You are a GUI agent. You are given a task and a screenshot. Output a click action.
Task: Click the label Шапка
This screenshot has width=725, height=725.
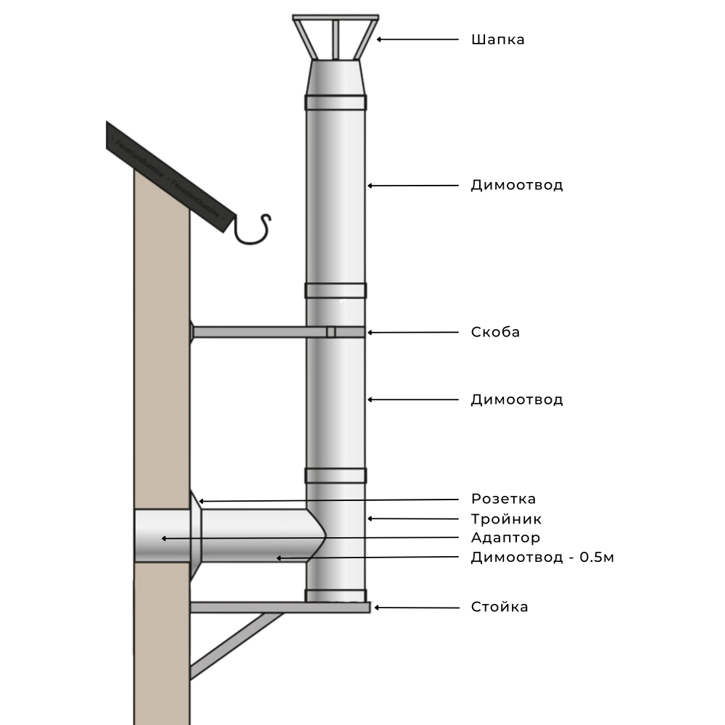(497, 40)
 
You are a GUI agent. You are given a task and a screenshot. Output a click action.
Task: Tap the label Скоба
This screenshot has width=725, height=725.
(495, 333)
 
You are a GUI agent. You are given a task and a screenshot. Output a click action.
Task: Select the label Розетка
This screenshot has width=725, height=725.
(503, 499)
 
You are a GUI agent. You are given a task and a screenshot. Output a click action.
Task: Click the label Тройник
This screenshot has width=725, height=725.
(506, 519)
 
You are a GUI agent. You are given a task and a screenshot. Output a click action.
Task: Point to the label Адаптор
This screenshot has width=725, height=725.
(505, 538)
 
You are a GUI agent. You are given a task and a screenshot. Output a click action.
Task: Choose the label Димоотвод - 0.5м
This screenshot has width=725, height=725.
(542, 558)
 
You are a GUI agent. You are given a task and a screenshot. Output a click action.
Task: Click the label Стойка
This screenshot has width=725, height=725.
(500, 607)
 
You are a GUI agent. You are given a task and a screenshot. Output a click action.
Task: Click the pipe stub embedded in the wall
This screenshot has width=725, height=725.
(161, 536)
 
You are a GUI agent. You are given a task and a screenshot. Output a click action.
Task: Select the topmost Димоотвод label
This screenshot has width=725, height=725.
(516, 186)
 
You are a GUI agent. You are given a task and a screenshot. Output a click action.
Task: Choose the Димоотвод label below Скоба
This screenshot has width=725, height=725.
(516, 399)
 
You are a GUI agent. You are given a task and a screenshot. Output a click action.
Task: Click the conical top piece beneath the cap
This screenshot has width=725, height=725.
(335, 78)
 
